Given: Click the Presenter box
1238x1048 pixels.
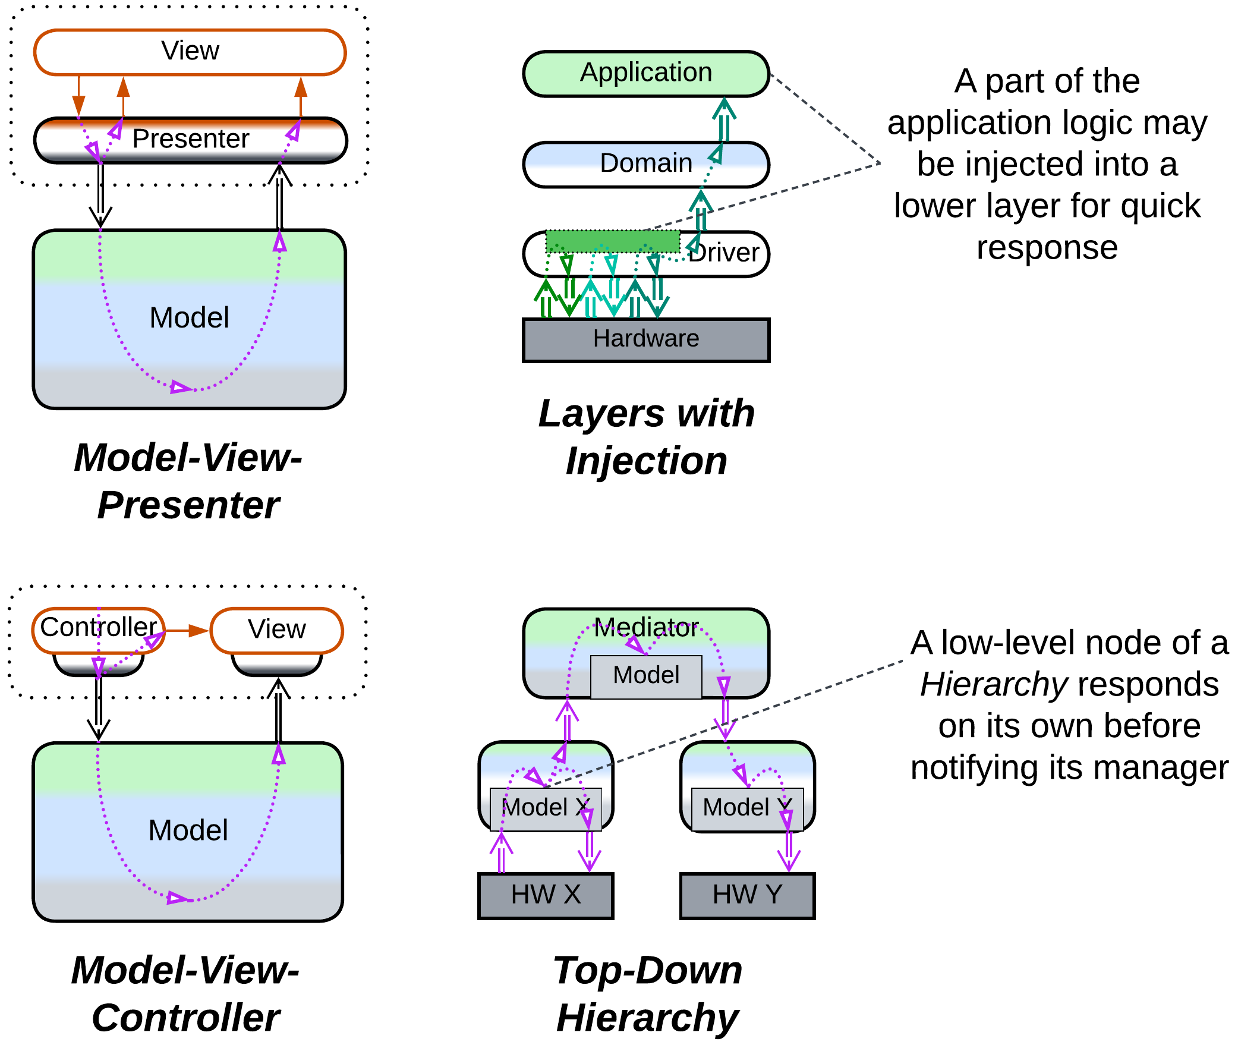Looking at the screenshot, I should click(190, 140).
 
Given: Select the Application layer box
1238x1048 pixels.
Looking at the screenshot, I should click(646, 74).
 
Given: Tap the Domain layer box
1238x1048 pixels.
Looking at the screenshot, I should click(646, 164).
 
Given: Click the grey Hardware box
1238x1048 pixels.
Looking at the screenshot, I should click(646, 339).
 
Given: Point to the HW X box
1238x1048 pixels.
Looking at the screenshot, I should click(546, 895).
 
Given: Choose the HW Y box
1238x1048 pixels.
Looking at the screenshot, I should click(747, 895).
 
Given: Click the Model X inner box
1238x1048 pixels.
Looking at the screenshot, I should click(546, 808).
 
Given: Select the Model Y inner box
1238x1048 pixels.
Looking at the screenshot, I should click(747, 808).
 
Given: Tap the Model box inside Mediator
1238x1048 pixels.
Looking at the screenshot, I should click(646, 676).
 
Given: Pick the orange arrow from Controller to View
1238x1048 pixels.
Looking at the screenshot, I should click(187, 630).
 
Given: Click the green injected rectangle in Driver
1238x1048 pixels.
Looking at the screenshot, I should click(613, 241).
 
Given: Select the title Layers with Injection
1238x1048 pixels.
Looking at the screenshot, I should click(646, 437).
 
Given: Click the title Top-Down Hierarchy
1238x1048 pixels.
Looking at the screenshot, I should click(648, 994).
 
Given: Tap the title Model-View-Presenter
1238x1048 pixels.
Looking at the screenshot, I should click(188, 481).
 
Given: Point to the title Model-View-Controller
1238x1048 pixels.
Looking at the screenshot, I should click(185, 994).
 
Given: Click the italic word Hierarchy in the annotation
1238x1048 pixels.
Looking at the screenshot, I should click(994, 685).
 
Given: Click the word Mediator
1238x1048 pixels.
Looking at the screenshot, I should click(646, 628).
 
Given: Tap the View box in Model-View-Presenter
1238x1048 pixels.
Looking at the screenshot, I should click(190, 52).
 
